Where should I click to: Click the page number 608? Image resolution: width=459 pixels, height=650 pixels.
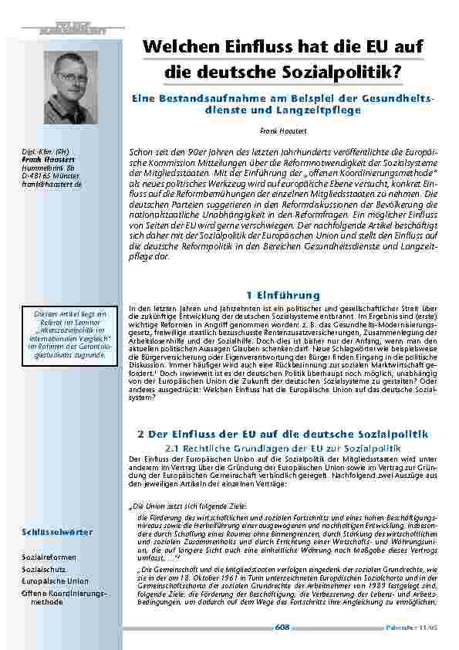coord(282,627)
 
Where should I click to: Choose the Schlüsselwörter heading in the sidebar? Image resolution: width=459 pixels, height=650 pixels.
coord(57,532)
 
